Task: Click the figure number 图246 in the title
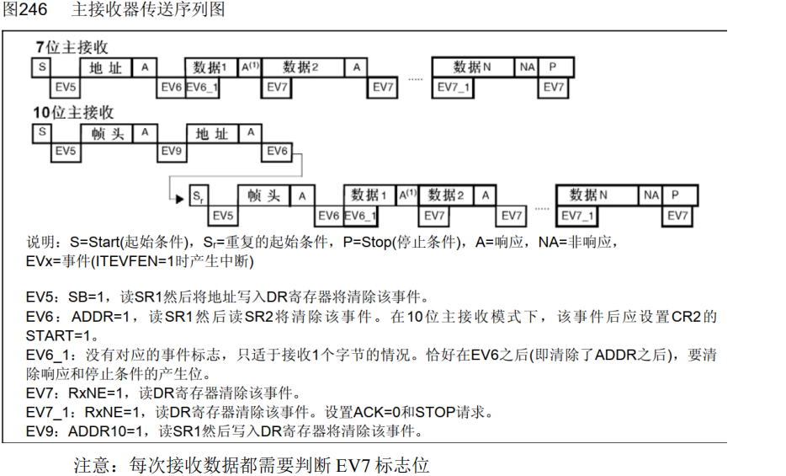click(x=24, y=10)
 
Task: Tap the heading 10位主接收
click(x=73, y=112)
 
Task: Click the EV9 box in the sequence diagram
click(x=172, y=152)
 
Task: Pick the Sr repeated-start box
click(x=198, y=195)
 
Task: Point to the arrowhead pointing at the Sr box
click(x=178, y=199)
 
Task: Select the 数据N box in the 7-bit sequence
click(x=472, y=67)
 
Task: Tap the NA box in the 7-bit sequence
click(x=527, y=67)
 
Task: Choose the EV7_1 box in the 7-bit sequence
click(x=454, y=87)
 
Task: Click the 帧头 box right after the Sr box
click(x=263, y=195)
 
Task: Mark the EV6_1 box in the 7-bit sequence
click(x=202, y=87)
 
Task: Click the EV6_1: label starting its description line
click(x=47, y=355)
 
